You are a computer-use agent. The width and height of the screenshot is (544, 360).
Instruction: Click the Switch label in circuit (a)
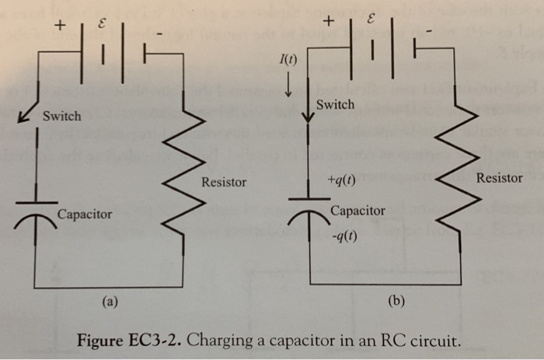point(61,117)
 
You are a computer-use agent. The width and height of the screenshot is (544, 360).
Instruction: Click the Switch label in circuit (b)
point(336,104)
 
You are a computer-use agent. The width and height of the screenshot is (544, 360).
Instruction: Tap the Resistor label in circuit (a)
point(224,183)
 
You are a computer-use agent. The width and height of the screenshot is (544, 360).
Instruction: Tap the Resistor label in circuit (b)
point(499,178)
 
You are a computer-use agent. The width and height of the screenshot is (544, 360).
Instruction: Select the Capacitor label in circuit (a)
point(84,214)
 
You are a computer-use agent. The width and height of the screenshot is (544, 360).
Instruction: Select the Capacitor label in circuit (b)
point(357,211)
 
